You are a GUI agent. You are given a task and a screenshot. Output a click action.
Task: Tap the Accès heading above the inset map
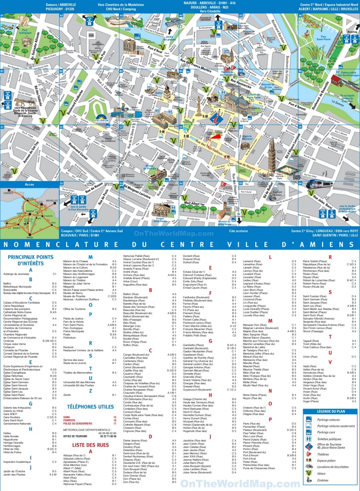pos(29,184)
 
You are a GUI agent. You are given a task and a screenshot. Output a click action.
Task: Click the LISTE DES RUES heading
pos(90,445)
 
